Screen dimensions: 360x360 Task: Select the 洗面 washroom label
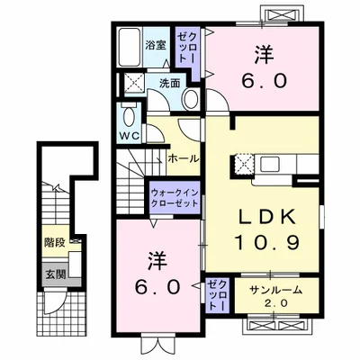(x=169, y=84)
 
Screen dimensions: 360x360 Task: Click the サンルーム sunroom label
(x=270, y=290)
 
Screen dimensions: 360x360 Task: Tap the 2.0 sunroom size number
(x=270, y=303)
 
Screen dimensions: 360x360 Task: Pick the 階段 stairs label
(x=55, y=243)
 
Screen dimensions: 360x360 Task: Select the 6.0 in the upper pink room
(x=263, y=80)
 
